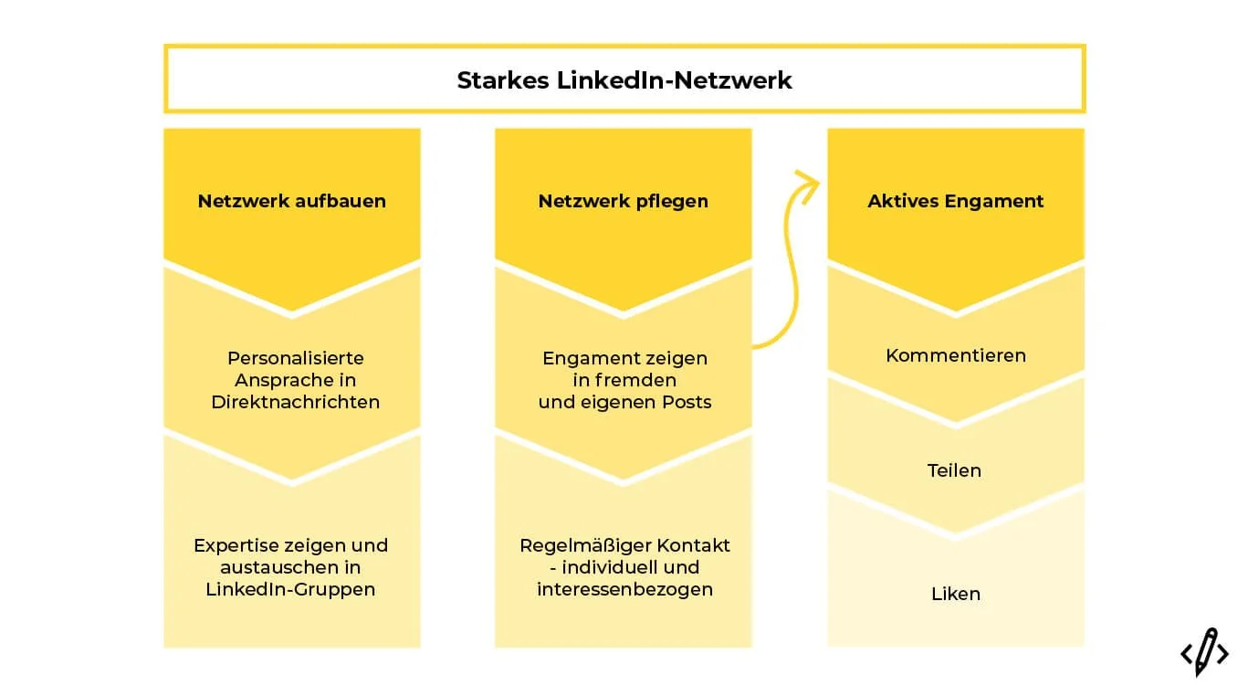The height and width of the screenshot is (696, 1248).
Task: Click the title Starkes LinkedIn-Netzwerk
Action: [x=624, y=80]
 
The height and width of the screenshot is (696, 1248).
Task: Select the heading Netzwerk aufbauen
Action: [x=292, y=201]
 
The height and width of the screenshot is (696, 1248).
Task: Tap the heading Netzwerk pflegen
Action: [x=624, y=201]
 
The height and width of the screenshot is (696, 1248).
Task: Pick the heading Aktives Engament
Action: [x=956, y=201]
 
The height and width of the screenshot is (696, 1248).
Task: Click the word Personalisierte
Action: [x=296, y=358]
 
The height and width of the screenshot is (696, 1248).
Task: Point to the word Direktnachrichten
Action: [x=296, y=402]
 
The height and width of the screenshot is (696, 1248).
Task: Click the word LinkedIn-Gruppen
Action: [x=290, y=589]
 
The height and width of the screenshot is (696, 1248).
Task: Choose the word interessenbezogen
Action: [x=624, y=589]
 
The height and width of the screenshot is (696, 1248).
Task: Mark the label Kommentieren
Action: [x=956, y=355]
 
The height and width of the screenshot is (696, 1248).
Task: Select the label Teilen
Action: [x=955, y=470]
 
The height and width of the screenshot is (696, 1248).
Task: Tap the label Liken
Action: [x=956, y=594]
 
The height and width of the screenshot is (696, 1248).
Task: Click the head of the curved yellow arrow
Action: [x=806, y=178]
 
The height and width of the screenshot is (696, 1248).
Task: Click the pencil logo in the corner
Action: [x=1204, y=651]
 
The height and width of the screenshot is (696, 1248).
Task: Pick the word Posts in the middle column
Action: [x=687, y=402]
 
